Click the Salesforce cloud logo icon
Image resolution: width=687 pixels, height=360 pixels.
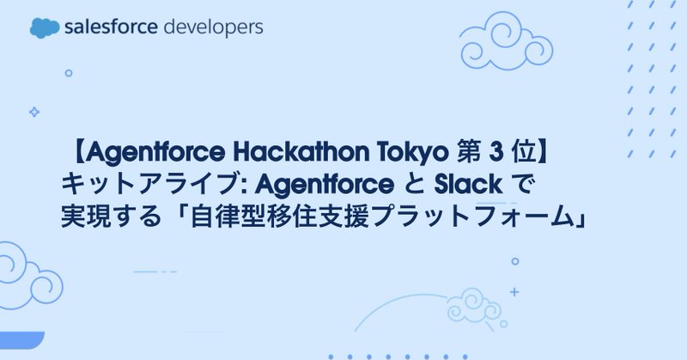(x=46, y=27)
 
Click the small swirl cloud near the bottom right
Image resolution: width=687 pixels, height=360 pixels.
(x=471, y=304)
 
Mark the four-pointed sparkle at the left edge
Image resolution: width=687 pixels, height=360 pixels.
(x=34, y=112)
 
